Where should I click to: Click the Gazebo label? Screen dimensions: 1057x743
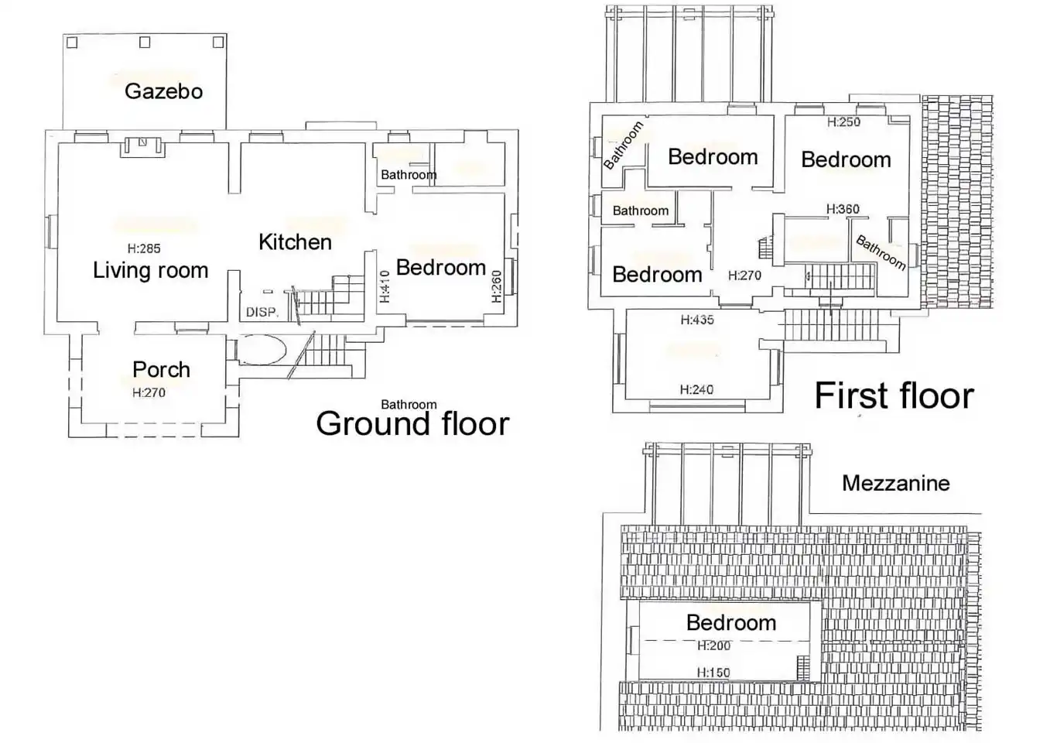pos(164,91)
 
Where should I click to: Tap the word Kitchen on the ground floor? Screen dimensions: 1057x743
pos(296,242)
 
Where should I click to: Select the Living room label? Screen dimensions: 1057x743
pos(151,270)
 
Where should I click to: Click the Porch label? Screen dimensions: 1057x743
pos(162,370)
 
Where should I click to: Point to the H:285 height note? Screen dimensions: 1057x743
pos(144,248)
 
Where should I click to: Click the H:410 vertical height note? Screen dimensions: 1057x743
pos(385,286)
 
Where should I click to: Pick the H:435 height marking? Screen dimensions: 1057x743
pos(697,320)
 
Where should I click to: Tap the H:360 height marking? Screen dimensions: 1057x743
pos(843,209)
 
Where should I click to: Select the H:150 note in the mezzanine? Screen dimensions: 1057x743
pos(713,673)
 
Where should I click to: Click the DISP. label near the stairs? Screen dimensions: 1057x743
pos(262,312)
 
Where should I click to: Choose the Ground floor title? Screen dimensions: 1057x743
pos(413,423)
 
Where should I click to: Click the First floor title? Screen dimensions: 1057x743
pos(895,395)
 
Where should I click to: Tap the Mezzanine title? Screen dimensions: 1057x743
pos(896,483)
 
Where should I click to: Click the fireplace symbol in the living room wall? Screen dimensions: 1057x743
pos(143,146)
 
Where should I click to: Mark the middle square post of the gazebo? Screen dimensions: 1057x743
pos(145,43)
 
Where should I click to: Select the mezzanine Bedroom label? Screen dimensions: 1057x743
pos(731,622)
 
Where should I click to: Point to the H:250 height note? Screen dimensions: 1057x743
pos(843,122)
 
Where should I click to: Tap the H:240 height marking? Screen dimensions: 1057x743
pos(696,389)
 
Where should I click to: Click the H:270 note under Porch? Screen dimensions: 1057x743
pos(149,392)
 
